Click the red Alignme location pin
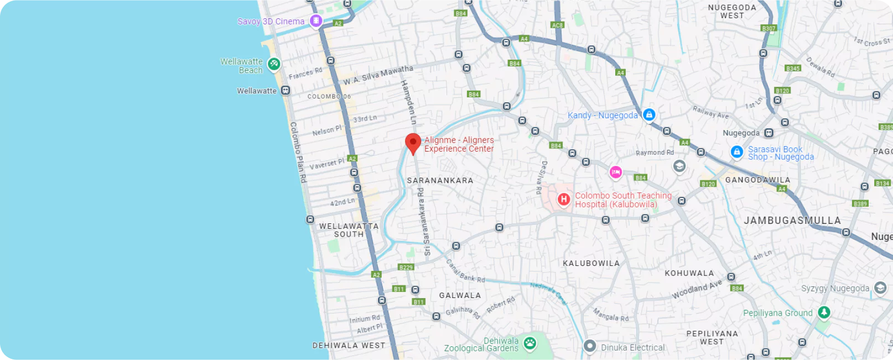pyautogui.click(x=413, y=143)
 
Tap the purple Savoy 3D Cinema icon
pyautogui.click(x=316, y=21)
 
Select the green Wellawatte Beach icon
pyautogui.click(x=273, y=64)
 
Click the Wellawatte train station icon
pyautogui.click(x=285, y=91)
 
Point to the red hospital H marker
pyautogui.click(x=563, y=200)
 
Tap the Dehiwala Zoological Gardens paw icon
pyautogui.click(x=530, y=343)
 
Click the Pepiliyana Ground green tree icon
pyautogui.click(x=824, y=312)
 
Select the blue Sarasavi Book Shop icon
pyautogui.click(x=736, y=152)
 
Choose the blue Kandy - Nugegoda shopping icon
pyautogui.click(x=649, y=115)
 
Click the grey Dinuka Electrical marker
pyautogui.click(x=590, y=347)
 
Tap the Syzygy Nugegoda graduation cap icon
pyautogui.click(x=880, y=288)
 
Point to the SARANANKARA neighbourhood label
pyautogui.click(x=440, y=180)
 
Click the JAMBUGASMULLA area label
pyautogui.click(x=792, y=221)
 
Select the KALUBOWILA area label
pyautogui.click(x=591, y=263)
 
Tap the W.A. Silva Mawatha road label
pyautogui.click(x=378, y=75)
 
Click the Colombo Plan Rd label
pyautogui.click(x=298, y=153)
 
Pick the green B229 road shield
pyautogui.click(x=406, y=267)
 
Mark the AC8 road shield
pyautogui.click(x=557, y=25)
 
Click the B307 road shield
pyautogui.click(x=769, y=28)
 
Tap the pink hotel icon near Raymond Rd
pyautogui.click(x=615, y=173)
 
